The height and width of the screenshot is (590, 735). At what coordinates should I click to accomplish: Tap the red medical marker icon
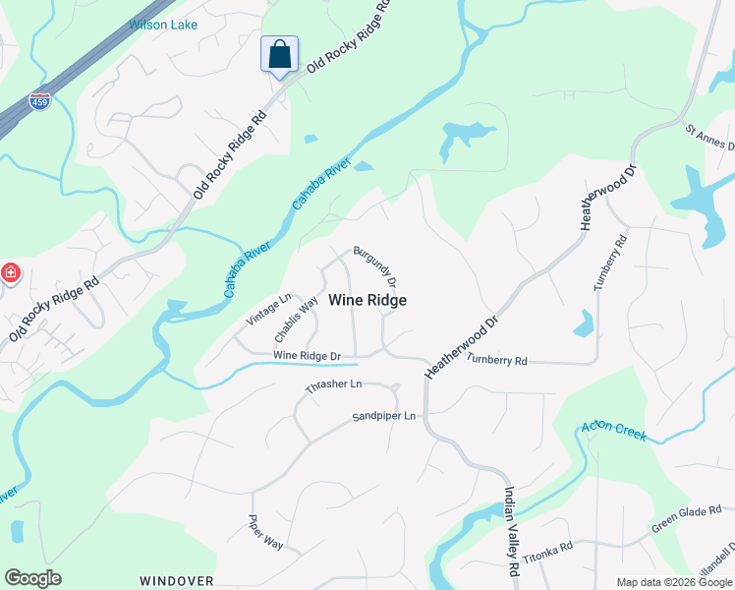click(10, 272)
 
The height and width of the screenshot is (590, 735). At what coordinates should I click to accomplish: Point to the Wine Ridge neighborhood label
click(367, 300)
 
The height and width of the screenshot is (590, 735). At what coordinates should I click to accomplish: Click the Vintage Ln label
click(269, 310)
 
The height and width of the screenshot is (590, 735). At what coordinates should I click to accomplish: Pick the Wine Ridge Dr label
click(307, 355)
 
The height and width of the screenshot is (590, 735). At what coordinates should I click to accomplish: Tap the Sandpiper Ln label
click(384, 417)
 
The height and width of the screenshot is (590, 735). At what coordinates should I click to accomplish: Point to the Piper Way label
click(265, 533)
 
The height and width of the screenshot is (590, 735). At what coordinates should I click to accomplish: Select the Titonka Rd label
click(547, 551)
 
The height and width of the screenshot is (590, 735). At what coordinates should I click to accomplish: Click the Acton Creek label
click(614, 430)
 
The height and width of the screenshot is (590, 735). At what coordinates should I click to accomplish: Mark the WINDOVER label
click(176, 581)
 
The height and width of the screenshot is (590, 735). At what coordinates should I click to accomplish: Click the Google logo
click(32, 578)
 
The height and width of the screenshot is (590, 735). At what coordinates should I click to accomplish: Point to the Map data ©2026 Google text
click(673, 582)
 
